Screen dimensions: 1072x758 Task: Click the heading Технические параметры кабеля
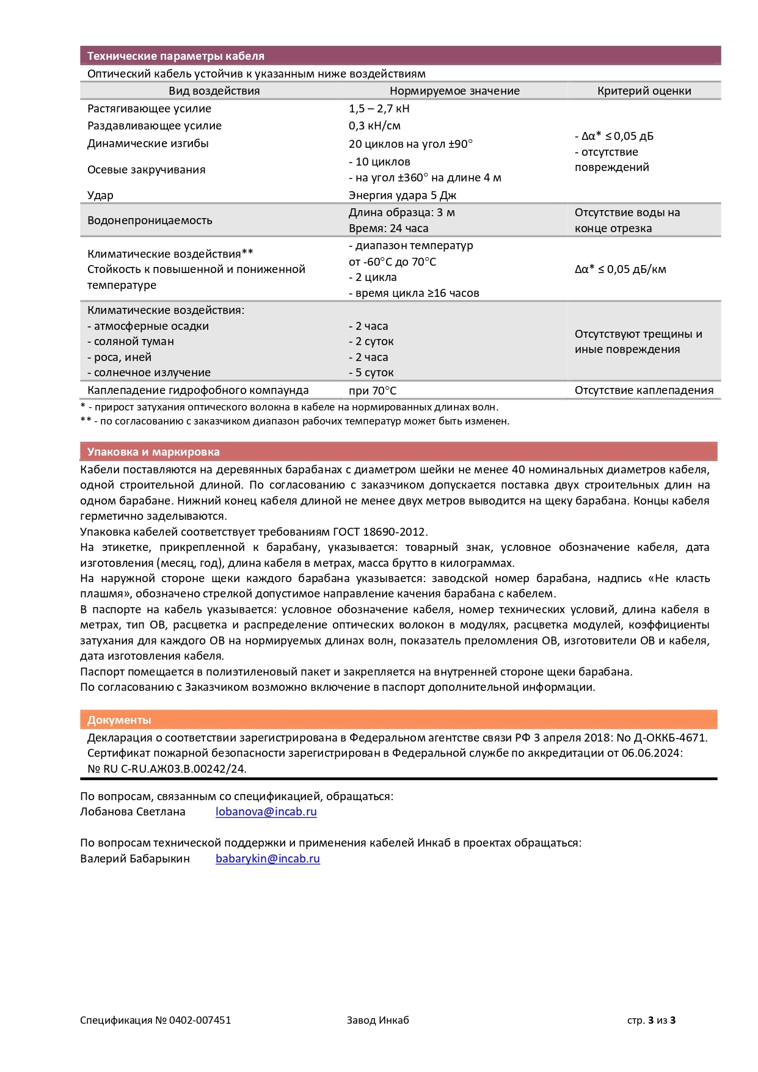coord(175,56)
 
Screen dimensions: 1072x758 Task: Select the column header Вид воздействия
coord(214,91)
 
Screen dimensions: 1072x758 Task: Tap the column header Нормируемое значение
coord(454,91)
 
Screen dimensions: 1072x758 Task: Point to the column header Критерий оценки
coord(644,91)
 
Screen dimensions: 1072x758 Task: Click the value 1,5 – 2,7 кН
coord(379,109)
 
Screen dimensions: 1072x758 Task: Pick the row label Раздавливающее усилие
coord(154,126)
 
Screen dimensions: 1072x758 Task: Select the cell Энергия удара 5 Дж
coord(402,195)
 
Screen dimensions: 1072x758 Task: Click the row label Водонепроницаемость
coord(150,221)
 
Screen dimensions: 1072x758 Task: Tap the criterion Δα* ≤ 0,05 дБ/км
coord(620,269)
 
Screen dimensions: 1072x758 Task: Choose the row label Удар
coord(100,195)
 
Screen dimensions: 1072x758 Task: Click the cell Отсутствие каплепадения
coord(643,390)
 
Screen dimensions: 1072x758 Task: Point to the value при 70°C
coord(372,391)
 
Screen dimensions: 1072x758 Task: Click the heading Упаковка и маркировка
coord(153,452)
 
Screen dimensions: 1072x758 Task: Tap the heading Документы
coord(119,720)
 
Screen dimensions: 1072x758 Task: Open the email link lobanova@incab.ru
coord(266,812)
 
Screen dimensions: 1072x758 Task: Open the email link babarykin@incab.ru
coord(268,859)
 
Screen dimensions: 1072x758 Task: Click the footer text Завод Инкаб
coord(377,1020)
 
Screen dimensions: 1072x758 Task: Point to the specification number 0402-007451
coord(200,1020)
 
